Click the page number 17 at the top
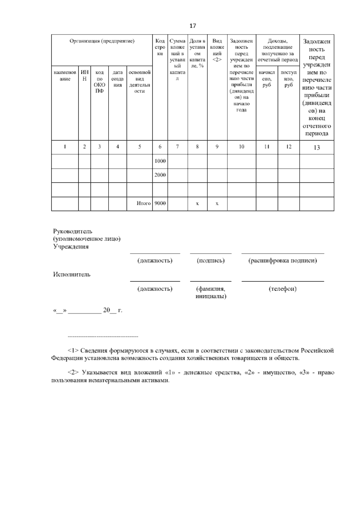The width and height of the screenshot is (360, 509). (193, 26)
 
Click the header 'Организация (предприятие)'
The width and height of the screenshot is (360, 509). (102, 41)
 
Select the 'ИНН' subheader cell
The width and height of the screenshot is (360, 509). (85, 75)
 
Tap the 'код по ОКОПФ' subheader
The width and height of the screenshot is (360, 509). (99, 82)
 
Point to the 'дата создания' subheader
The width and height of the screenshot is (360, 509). (117, 79)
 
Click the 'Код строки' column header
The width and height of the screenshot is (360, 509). (160, 47)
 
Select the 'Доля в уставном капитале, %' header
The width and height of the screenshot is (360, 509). (197, 53)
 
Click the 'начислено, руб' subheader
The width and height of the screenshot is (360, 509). (267, 79)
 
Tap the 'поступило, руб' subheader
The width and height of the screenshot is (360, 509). (288, 79)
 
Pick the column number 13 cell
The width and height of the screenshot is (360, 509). (316, 147)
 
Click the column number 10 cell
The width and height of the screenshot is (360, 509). (241, 147)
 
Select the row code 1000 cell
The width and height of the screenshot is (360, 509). (160, 161)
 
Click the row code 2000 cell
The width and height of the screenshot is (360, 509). (160, 175)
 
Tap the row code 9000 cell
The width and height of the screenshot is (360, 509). (160, 203)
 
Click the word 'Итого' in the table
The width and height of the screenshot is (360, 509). (143, 203)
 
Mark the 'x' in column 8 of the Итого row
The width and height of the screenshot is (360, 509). (197, 203)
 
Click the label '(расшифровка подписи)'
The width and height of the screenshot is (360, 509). (282, 261)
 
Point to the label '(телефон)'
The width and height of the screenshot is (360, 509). (282, 289)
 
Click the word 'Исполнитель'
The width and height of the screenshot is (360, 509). (72, 274)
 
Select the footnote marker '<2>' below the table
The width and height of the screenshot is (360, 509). (73, 372)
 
